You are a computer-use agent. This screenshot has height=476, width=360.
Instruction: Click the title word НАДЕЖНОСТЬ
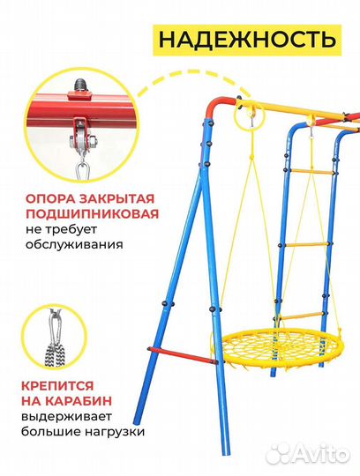pos(246,39)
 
